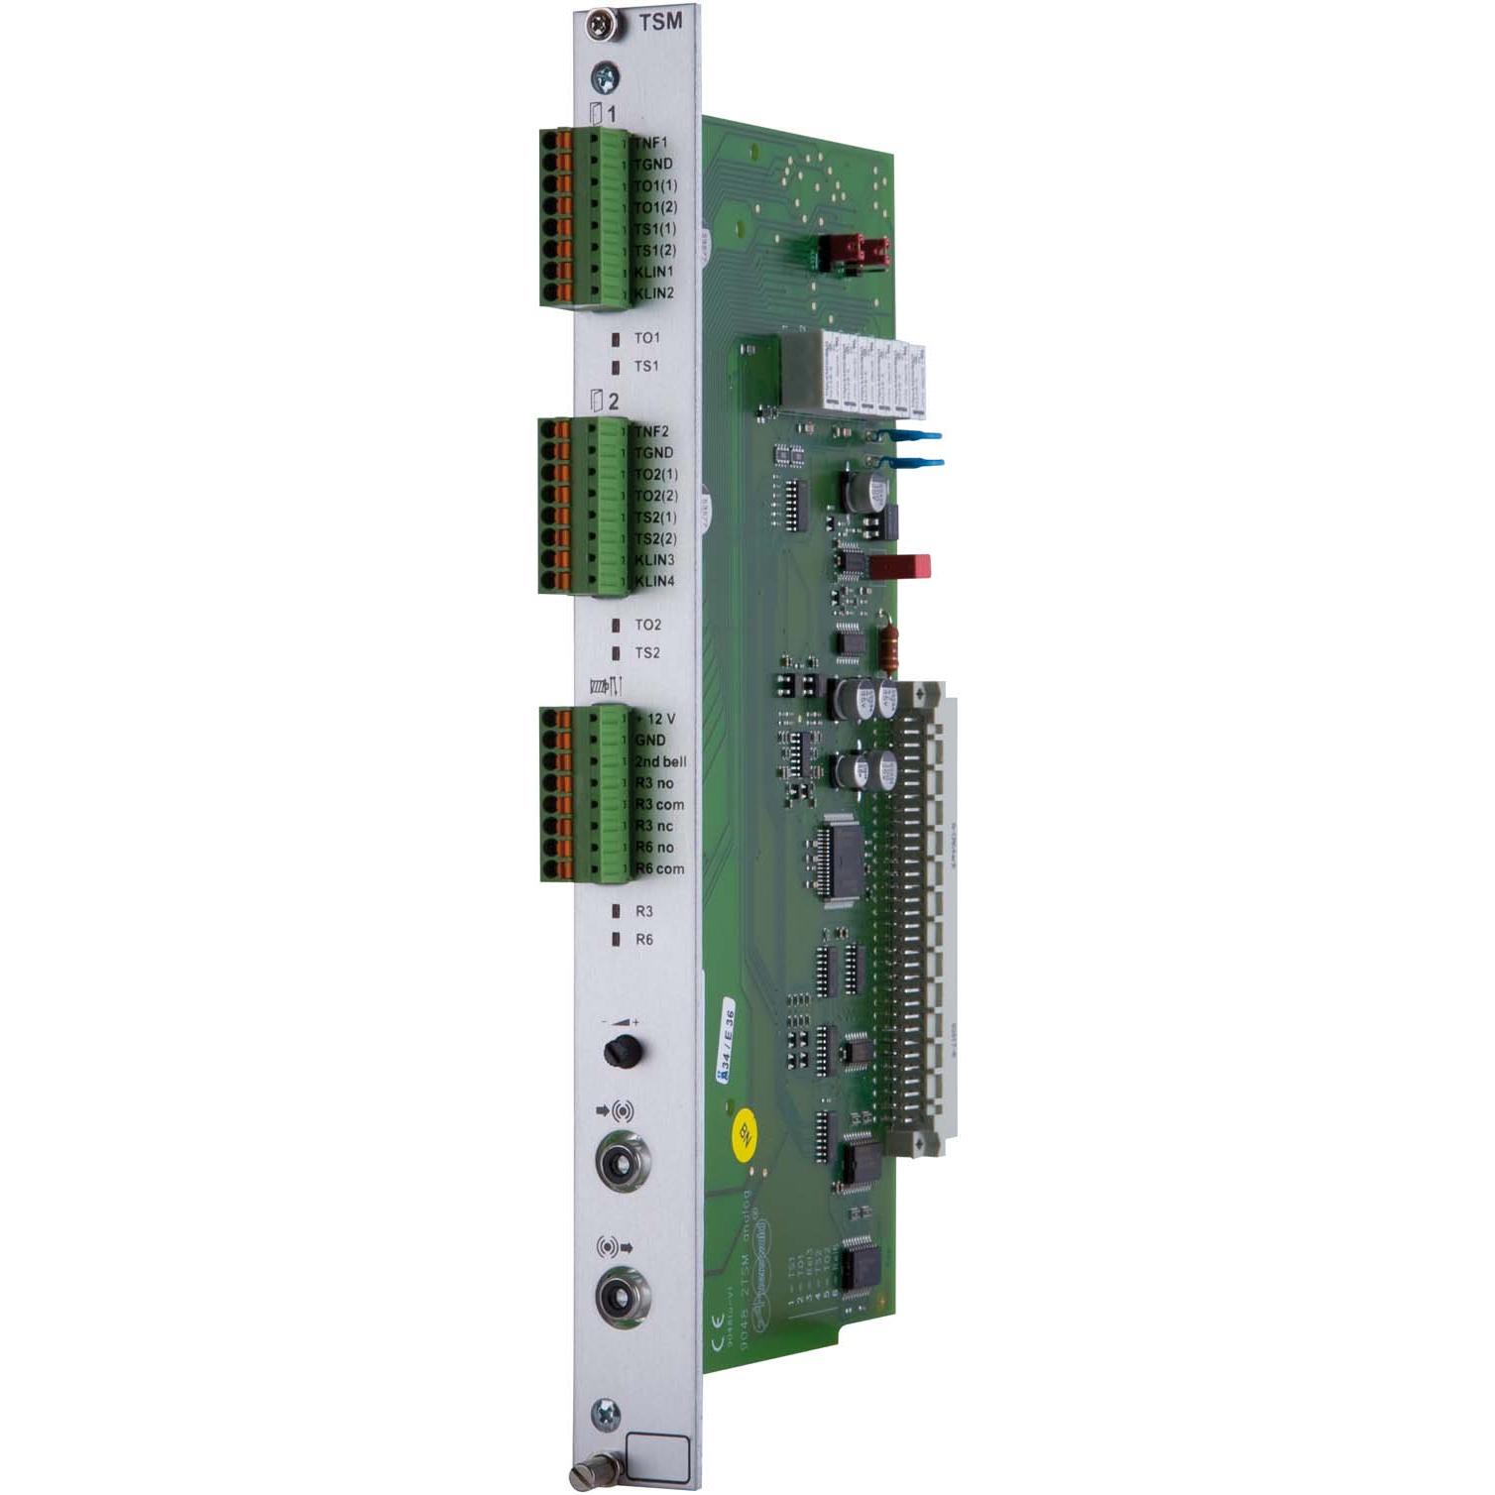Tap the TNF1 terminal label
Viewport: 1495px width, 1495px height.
tap(651, 143)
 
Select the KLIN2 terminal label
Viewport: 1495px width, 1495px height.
tap(654, 293)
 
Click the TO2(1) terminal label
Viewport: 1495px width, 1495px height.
tap(656, 474)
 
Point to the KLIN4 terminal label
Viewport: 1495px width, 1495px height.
tap(654, 581)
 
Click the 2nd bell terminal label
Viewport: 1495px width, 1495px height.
tap(660, 761)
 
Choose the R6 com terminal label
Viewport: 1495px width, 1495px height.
tap(659, 868)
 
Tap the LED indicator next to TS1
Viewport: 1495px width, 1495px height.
tap(616, 366)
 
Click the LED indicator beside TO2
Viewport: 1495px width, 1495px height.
tap(616, 626)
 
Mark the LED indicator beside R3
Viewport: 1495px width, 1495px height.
tap(616, 910)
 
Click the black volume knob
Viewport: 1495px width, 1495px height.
tap(622, 1050)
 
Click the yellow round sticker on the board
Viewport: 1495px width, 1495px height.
tap(745, 1134)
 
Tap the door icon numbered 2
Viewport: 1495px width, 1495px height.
tap(596, 402)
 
